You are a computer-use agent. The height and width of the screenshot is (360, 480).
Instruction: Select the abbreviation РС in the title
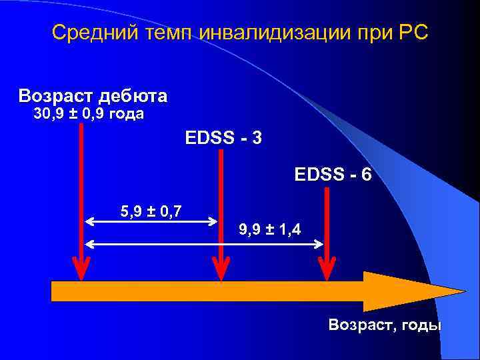coord(413,33)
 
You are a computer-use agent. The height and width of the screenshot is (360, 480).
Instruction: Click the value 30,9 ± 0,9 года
coord(89,115)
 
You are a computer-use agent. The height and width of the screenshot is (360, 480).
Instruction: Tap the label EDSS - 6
coord(333,176)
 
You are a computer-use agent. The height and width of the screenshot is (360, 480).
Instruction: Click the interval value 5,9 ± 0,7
coord(152,212)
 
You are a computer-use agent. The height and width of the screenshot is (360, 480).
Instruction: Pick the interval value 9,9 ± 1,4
coord(269,230)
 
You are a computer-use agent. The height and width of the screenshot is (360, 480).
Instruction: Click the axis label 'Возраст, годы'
coord(385,325)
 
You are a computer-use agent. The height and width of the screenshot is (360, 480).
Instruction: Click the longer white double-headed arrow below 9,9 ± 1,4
coord(203,244)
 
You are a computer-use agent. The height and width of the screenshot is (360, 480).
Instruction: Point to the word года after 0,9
coord(124,115)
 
